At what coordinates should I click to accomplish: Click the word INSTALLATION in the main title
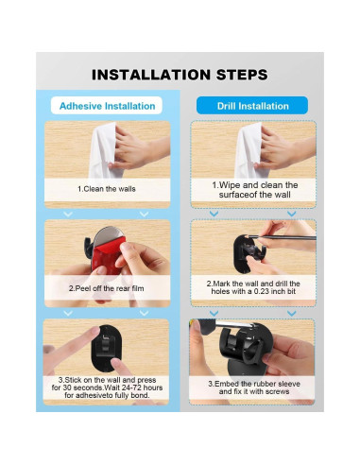tap(150, 75)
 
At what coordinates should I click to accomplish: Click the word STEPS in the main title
tap(242, 75)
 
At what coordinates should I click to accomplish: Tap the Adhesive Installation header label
tap(107, 106)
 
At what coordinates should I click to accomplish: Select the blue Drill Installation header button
tap(252, 106)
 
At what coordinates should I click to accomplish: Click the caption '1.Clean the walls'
tap(107, 189)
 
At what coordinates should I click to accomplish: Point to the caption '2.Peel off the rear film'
tap(107, 288)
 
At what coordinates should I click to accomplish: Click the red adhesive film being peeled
tap(107, 254)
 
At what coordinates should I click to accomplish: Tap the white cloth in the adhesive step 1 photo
tap(103, 150)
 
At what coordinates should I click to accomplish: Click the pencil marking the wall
tap(285, 237)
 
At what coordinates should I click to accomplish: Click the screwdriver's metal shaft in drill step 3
tap(234, 324)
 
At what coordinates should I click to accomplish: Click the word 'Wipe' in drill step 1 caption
tap(230, 185)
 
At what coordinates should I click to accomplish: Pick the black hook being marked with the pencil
tap(249, 252)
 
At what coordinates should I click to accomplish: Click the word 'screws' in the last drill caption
tap(277, 391)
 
